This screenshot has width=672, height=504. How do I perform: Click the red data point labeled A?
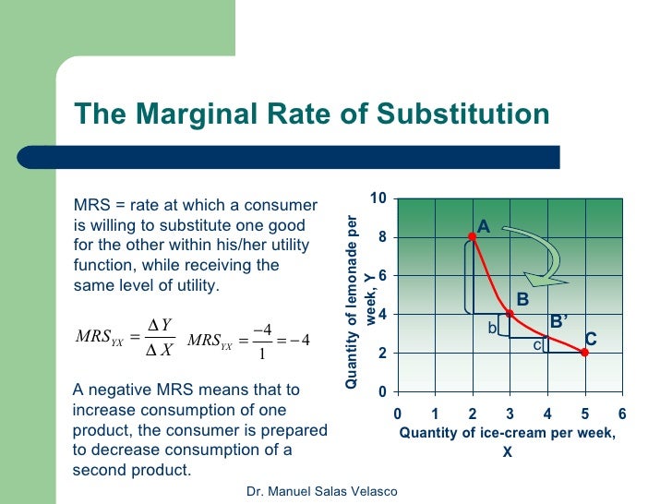(473, 236)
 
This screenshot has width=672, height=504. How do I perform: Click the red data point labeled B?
(510, 313)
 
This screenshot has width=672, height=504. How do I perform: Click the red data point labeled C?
(585, 352)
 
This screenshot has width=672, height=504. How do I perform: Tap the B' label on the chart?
(558, 321)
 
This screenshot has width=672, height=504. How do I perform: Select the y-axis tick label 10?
(378, 198)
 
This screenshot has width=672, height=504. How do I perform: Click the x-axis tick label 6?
(622, 413)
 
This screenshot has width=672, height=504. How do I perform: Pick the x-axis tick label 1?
(435, 413)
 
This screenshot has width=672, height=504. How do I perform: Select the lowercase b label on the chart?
(492, 328)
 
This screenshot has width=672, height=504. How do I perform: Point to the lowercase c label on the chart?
(536, 345)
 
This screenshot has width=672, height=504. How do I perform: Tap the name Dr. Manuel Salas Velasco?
(322, 491)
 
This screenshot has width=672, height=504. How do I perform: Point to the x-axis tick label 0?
(398, 413)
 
